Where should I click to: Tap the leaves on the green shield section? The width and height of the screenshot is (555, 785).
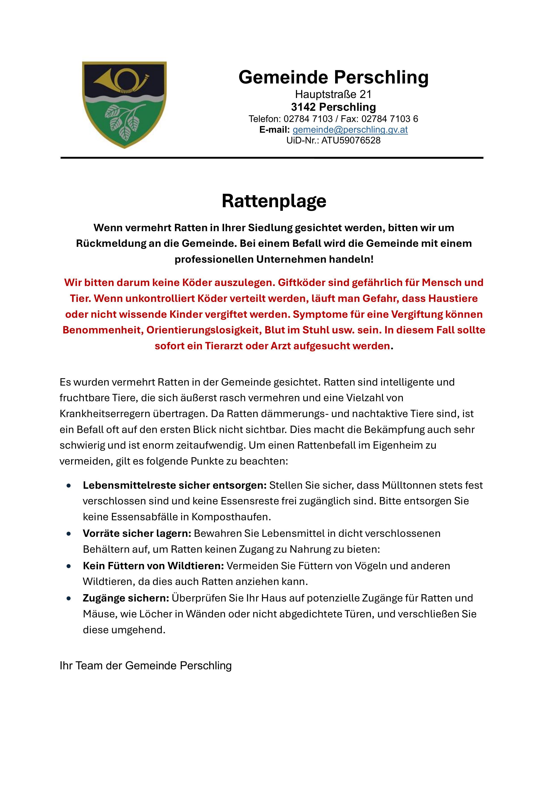(125, 121)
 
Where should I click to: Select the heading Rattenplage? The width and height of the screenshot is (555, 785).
(274, 201)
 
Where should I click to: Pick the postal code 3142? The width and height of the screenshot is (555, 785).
(304, 107)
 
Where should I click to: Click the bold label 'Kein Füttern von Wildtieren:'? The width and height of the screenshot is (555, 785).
(153, 566)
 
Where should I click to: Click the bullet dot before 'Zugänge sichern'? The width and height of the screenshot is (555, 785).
(69, 599)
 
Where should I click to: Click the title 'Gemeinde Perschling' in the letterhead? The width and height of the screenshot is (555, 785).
(333, 77)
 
